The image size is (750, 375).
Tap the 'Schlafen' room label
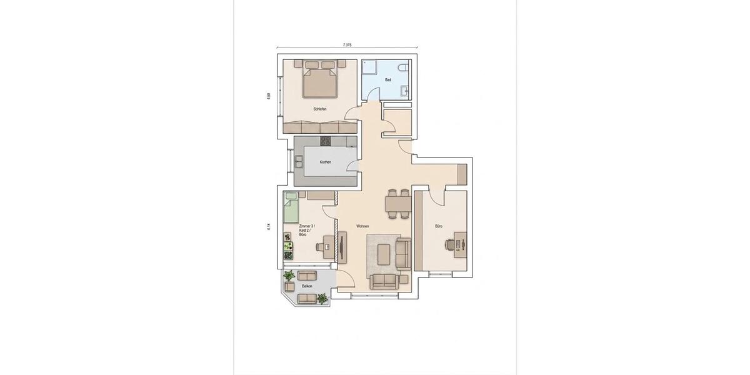[x=320, y=109]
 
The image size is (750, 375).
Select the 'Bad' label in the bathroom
[x=388, y=80]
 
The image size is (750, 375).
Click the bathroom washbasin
[x=406, y=91]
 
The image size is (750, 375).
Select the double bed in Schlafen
[x=320, y=81]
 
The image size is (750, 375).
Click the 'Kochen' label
[x=325, y=162]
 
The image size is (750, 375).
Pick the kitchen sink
[x=298, y=162]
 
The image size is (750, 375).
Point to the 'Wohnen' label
[x=362, y=226]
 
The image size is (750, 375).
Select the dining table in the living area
[x=397, y=204]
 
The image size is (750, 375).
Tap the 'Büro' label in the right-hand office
[x=439, y=226]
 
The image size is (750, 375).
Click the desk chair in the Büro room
[x=449, y=244]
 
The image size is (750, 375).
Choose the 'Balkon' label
[x=307, y=286]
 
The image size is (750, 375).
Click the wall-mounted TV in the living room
[x=342, y=247]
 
